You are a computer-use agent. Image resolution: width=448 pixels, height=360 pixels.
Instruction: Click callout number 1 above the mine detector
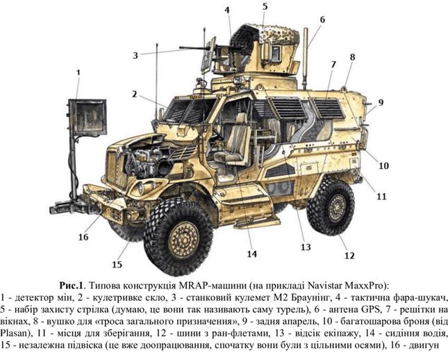click(78, 72)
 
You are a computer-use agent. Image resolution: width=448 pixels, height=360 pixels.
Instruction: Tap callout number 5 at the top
click(265, 7)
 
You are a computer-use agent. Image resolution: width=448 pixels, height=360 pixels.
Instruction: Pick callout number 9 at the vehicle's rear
click(381, 102)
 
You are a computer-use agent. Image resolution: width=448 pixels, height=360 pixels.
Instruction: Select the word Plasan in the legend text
click(15, 334)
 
